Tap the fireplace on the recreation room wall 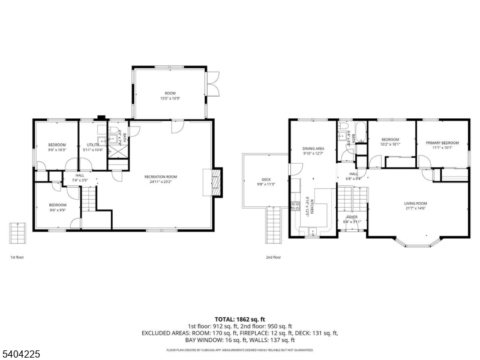[214, 181]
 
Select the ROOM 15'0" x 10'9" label [170, 95]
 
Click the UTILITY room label [92, 147]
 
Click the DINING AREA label [313, 151]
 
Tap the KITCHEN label [307, 206]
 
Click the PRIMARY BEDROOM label [442, 145]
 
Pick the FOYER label [352, 219]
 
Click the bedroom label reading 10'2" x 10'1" [390, 143]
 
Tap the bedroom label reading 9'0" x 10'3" [57, 147]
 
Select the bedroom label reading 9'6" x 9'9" [58, 207]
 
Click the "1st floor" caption [17, 257]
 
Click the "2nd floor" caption [274, 257]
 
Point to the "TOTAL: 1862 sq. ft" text [240, 319]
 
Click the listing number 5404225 [22, 355]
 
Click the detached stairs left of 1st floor [17, 233]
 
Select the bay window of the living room [415, 243]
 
